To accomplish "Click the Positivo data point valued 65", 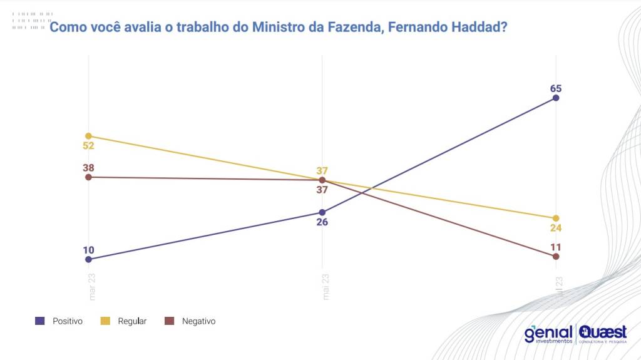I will (x=556, y=98).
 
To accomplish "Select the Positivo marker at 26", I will (x=322, y=212).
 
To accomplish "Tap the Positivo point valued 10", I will (x=88, y=259).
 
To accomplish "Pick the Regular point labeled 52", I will (x=88, y=136).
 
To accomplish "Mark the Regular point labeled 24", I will (x=556, y=218).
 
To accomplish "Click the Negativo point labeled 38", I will (x=88, y=177).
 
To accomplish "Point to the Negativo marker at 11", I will (x=556, y=257).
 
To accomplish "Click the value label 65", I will (x=556, y=88).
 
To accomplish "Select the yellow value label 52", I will (x=88, y=146).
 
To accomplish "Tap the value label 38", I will (x=88, y=168).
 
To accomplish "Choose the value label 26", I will (x=322, y=222).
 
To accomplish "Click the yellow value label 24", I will (x=556, y=228).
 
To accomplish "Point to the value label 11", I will (x=556, y=247).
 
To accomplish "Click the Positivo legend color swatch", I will (x=40, y=321).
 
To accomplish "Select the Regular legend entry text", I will (x=133, y=321).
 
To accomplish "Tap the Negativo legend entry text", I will (x=198, y=321).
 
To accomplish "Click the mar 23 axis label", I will (x=93, y=287).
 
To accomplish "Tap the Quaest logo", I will (x=603, y=334).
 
